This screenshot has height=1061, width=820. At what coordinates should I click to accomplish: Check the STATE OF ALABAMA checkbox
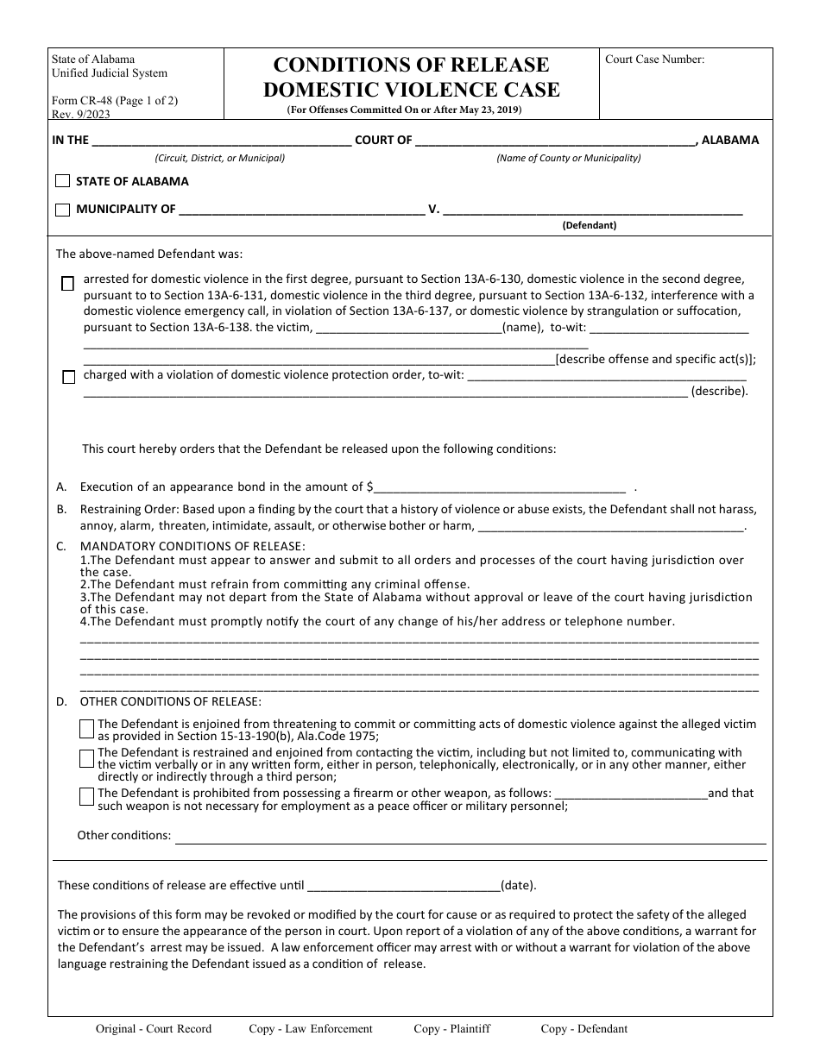coord(62,182)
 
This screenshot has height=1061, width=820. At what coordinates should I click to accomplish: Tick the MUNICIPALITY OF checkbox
coord(62,210)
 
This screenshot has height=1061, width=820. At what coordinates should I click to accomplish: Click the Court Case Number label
coord(654,60)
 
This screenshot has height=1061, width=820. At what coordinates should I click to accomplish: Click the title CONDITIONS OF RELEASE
coord(411,65)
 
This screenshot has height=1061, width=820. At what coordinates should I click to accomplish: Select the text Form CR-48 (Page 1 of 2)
coord(114,100)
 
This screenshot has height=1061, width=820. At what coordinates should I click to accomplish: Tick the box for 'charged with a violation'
coord(68,377)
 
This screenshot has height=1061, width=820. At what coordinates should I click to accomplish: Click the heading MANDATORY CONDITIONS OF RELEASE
coord(192,546)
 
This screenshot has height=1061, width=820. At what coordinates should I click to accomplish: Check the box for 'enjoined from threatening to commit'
coord(86,730)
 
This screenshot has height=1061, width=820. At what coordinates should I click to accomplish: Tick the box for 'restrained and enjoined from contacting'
coord(86,759)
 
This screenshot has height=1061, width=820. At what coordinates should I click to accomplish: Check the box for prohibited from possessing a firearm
coord(86,797)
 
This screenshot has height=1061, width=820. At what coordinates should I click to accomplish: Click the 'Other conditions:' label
coord(124,835)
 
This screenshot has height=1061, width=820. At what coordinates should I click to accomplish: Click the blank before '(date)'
coord(403,885)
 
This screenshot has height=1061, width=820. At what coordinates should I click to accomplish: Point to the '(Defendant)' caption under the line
coord(589,225)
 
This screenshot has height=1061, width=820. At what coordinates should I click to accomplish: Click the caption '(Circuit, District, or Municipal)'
coord(219,158)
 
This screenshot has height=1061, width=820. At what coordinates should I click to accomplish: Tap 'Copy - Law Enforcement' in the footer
coord(311,1028)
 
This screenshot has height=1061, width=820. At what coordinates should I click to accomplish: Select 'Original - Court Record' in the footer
coord(153,1028)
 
